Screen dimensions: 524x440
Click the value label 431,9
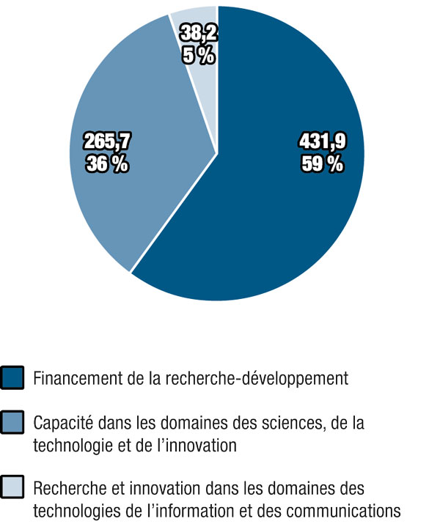(321, 143)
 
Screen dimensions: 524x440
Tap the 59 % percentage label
(321, 164)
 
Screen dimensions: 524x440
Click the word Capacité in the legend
(61, 423)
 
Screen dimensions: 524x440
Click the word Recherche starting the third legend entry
(67, 487)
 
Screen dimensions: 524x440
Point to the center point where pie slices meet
(217, 153)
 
